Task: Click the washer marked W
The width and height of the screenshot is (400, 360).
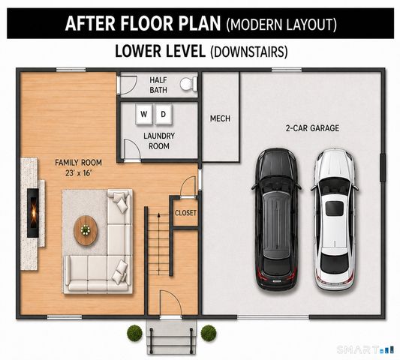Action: point(144,114)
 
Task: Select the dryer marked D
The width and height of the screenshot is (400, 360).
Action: point(164,114)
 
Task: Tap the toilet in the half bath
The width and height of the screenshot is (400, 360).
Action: point(188,84)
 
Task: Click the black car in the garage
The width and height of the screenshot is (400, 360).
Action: point(277,219)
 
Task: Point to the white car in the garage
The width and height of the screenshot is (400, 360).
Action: point(335,220)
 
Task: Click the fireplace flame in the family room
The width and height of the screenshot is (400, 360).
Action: point(34,212)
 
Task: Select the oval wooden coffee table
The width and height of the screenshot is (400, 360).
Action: point(86,230)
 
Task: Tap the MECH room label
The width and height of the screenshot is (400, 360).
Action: point(220,118)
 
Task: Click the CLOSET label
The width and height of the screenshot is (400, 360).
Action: point(185,213)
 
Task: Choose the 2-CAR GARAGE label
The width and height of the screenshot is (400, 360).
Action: point(312,128)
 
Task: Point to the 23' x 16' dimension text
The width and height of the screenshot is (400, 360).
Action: point(79,173)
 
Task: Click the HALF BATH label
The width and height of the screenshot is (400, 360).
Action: point(158,85)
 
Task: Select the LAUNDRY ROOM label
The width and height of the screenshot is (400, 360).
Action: point(159,141)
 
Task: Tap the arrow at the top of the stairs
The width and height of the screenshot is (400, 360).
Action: point(158,215)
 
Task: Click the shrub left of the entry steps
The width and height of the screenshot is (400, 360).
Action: point(134,333)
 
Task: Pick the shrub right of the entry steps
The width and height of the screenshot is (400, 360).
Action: point(209,333)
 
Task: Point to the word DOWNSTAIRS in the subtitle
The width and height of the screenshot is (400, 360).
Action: point(249,52)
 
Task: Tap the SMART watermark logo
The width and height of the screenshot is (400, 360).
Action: point(364,350)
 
